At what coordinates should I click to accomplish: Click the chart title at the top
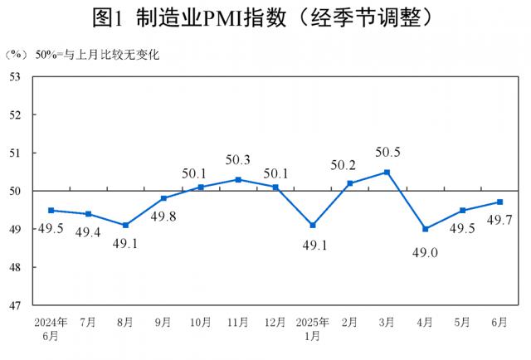point(265,17)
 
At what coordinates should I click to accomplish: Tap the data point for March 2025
point(387,173)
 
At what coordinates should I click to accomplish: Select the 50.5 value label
point(387,153)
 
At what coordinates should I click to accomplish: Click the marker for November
point(238,179)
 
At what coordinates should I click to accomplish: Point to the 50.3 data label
point(238,160)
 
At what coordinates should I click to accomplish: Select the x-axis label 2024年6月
point(51,328)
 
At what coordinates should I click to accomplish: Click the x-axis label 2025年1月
point(313,328)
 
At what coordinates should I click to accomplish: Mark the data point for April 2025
point(425,229)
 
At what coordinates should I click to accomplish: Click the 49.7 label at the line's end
point(499,220)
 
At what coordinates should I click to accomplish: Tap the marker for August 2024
point(125,226)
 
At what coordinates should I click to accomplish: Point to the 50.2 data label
point(350,164)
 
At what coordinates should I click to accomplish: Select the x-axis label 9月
point(163,321)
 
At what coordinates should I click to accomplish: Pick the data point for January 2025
point(313,226)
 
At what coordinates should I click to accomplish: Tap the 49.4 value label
point(89,233)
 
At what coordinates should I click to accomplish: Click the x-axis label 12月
point(275,321)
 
